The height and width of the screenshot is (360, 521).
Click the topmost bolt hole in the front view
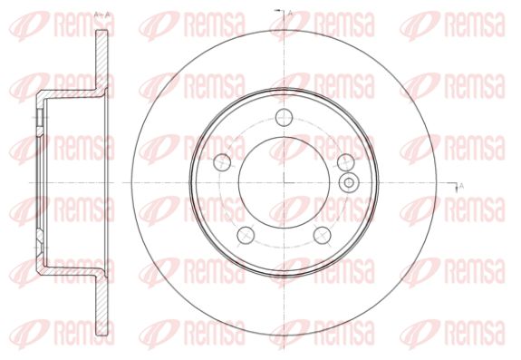285,117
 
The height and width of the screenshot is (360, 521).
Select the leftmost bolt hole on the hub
222,162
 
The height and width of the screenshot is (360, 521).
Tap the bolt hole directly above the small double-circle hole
346,162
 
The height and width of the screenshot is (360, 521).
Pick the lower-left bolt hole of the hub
246,235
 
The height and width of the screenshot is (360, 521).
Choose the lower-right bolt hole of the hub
323,235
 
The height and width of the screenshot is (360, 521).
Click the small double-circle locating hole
349,182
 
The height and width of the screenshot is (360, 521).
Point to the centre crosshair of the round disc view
285,182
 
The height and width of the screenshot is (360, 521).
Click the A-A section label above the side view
102,15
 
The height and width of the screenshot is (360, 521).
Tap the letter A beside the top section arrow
290,14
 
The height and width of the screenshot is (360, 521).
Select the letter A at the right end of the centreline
461,186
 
